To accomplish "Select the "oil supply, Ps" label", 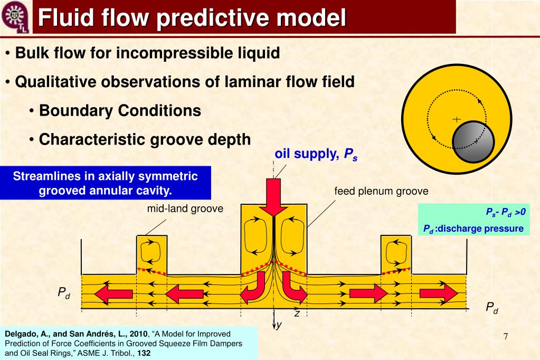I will (x=316, y=154).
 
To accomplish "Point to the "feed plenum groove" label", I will (x=381, y=191).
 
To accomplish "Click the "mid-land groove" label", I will (x=185, y=209).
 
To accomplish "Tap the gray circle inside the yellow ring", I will (x=473, y=142).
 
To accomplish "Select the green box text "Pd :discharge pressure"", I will (x=473, y=229).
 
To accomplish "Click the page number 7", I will (x=505, y=337).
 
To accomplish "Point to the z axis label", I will (x=297, y=314).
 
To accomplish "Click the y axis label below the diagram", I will (x=279, y=325).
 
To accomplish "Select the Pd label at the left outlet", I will (x=64, y=292).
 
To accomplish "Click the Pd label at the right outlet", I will (x=492, y=307).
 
